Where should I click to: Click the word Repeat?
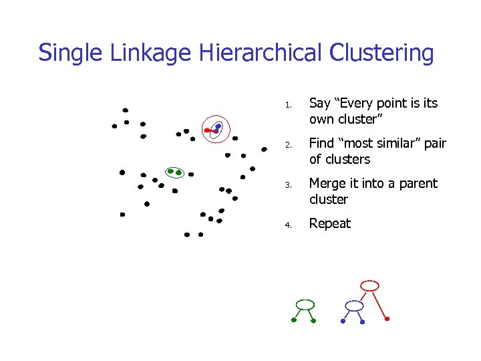[329, 223]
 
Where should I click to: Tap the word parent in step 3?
[418, 184]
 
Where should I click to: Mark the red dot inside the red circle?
[207, 130]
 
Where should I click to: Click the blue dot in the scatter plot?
[218, 126]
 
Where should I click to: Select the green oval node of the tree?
[305, 305]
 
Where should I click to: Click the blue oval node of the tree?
[353, 306]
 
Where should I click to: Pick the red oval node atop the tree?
[369, 285]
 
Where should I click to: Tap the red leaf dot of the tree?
[387, 319]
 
